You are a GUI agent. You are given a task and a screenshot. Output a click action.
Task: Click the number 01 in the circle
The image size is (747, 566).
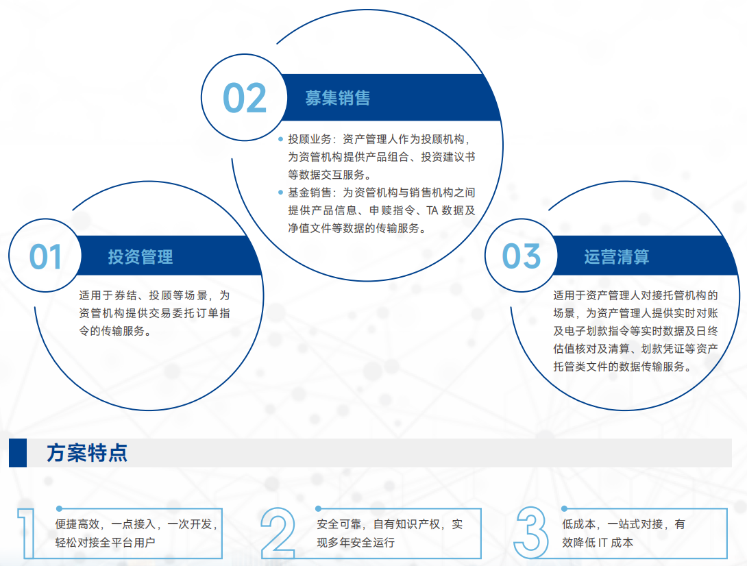[45, 257]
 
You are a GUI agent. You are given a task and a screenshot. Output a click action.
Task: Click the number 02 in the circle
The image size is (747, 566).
[245, 98]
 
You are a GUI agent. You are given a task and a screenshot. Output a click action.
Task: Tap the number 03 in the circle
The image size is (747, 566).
[521, 256]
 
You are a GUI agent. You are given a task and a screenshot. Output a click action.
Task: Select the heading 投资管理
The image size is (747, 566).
[140, 257]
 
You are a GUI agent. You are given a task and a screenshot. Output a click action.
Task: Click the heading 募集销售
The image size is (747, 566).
[338, 98]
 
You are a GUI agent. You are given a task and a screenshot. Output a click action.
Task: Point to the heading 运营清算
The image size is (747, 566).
[617, 257]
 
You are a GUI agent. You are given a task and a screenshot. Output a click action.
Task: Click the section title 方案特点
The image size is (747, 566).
[87, 453]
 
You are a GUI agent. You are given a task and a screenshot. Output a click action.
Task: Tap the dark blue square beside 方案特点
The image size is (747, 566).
[18, 453]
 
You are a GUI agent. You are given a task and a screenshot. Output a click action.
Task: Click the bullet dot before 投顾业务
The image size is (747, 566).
[280, 139]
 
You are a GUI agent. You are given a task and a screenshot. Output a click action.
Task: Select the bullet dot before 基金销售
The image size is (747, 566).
[280, 193]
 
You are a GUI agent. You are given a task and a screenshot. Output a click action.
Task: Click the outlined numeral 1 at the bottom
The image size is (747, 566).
[27, 533]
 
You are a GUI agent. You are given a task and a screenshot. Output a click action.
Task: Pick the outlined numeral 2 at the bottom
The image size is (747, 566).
[278, 533]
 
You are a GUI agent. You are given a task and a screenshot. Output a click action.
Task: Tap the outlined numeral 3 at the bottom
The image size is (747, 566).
[530, 532]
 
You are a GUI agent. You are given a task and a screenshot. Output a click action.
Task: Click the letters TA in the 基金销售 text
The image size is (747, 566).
[432, 210]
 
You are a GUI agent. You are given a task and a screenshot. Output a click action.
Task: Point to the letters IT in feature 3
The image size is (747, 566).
[602, 543]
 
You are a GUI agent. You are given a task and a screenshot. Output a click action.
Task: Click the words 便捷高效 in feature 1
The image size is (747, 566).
[77, 524]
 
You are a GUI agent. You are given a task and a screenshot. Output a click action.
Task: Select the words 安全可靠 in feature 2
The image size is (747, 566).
[339, 524]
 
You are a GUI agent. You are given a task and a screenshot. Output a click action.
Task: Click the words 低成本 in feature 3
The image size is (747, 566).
[579, 524]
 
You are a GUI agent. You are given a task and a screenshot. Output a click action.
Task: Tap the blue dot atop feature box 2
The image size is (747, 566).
[318, 509]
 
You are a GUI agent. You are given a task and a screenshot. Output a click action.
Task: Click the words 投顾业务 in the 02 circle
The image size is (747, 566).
[310, 139]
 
